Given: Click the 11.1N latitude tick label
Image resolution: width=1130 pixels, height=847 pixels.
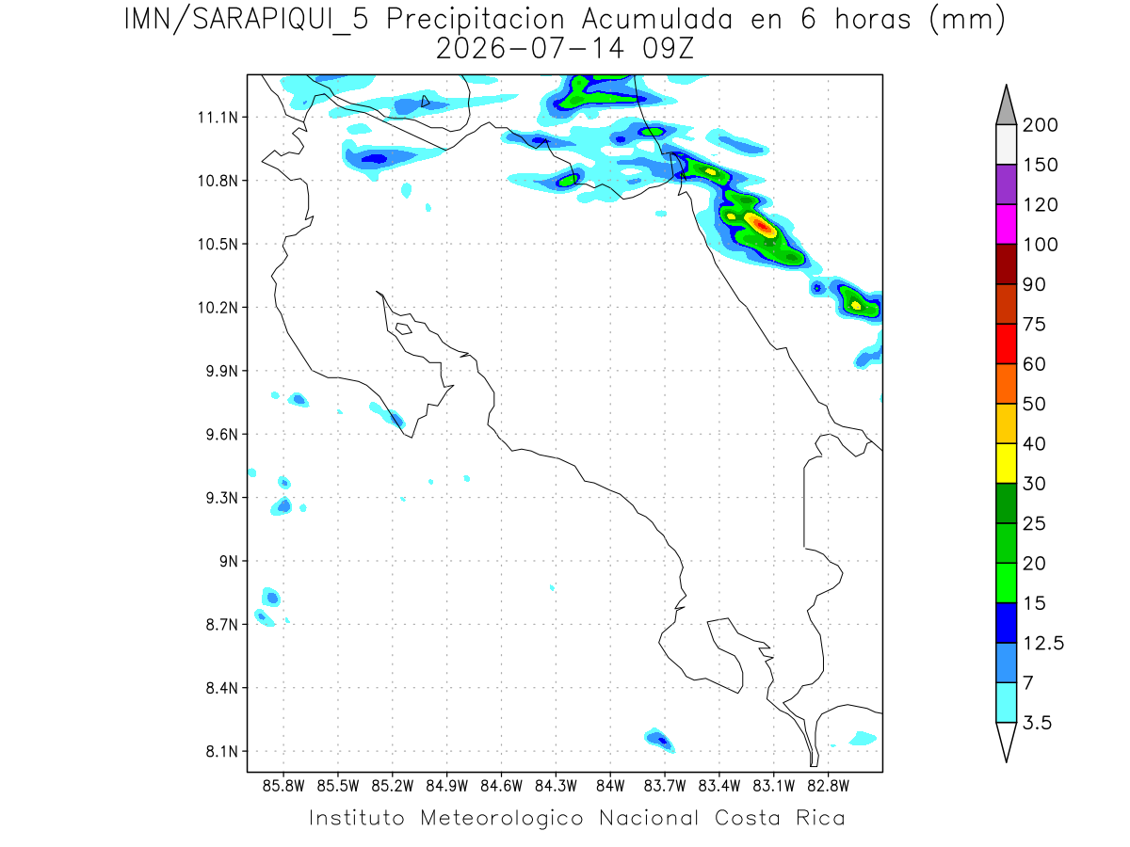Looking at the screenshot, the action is click(x=218, y=118).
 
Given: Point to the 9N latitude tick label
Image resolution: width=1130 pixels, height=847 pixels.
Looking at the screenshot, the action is click(x=229, y=561).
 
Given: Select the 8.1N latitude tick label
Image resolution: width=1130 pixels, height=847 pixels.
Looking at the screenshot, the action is click(x=222, y=751).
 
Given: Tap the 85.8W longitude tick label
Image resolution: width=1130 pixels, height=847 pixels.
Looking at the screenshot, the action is click(x=283, y=787).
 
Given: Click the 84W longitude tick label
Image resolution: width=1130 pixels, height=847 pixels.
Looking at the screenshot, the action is click(x=610, y=787).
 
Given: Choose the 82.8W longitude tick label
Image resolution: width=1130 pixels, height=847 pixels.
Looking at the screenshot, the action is click(x=828, y=787).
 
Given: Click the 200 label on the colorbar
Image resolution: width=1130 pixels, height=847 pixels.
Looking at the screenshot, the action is click(x=1040, y=125).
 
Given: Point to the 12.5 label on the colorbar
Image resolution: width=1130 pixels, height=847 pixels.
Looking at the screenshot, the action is click(x=1043, y=643).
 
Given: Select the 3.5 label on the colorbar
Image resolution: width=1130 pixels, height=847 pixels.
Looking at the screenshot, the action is click(x=1037, y=723).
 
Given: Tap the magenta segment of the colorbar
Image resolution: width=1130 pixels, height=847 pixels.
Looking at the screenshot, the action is click(x=1006, y=224).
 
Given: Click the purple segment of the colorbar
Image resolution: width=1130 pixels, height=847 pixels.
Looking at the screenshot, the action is click(x=1006, y=184).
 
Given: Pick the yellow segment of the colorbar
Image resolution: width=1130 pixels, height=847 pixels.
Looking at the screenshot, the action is click(x=1006, y=463).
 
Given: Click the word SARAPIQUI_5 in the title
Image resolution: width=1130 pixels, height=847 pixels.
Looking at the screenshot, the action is click(x=281, y=21).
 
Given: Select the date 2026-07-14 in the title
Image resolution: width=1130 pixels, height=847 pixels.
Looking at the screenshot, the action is click(x=530, y=49).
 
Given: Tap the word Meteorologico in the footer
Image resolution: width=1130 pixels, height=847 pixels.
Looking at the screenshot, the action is click(x=501, y=818).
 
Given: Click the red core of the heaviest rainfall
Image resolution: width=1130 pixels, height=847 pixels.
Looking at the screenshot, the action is click(x=761, y=225).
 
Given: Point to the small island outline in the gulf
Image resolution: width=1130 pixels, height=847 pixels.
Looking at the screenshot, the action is click(x=404, y=328).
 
